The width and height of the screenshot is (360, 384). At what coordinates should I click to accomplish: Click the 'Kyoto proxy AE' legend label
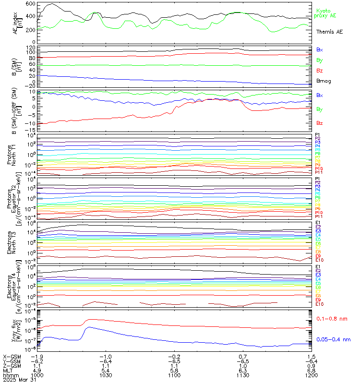pyautogui.click(x=325, y=13)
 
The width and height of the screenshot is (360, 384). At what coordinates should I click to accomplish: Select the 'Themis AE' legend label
pyautogui.click(x=329, y=31)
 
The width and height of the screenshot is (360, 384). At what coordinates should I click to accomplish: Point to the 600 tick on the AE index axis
pyautogui.click(x=30, y=4)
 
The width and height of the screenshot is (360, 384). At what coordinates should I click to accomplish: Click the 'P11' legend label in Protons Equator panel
pyautogui.click(x=320, y=217)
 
